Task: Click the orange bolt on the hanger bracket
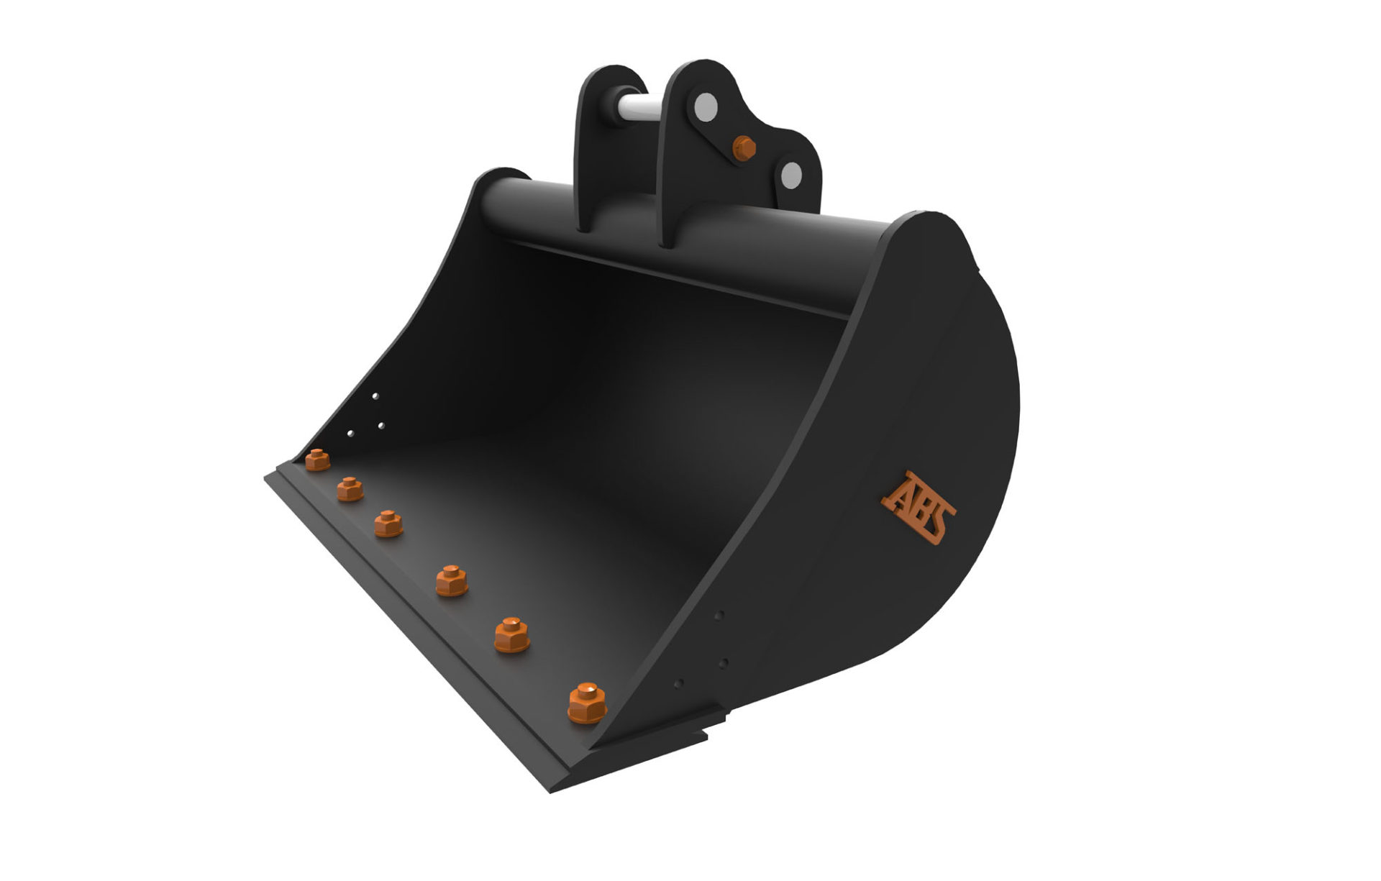pos(744,147)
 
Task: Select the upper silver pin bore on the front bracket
pos(705,108)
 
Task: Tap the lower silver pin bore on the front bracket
pos(791,173)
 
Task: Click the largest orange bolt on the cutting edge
pos(587,702)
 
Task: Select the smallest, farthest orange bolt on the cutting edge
pos(317,459)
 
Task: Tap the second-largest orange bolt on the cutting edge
pos(512,634)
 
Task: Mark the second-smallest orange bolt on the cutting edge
pos(350,488)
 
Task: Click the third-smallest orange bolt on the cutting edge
pos(388,523)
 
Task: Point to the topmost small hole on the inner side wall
pos(375,396)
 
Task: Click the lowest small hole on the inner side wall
pos(350,434)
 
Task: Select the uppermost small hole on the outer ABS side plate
pos(719,615)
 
